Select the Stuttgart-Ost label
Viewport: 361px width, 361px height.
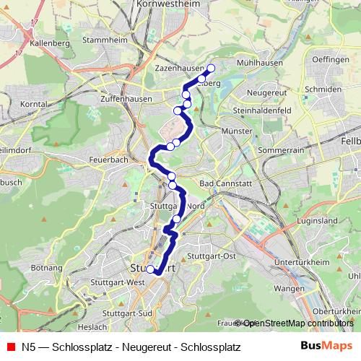(212, 256)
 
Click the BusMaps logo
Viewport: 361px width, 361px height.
(321, 346)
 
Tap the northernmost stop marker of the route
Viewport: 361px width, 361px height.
(212, 69)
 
